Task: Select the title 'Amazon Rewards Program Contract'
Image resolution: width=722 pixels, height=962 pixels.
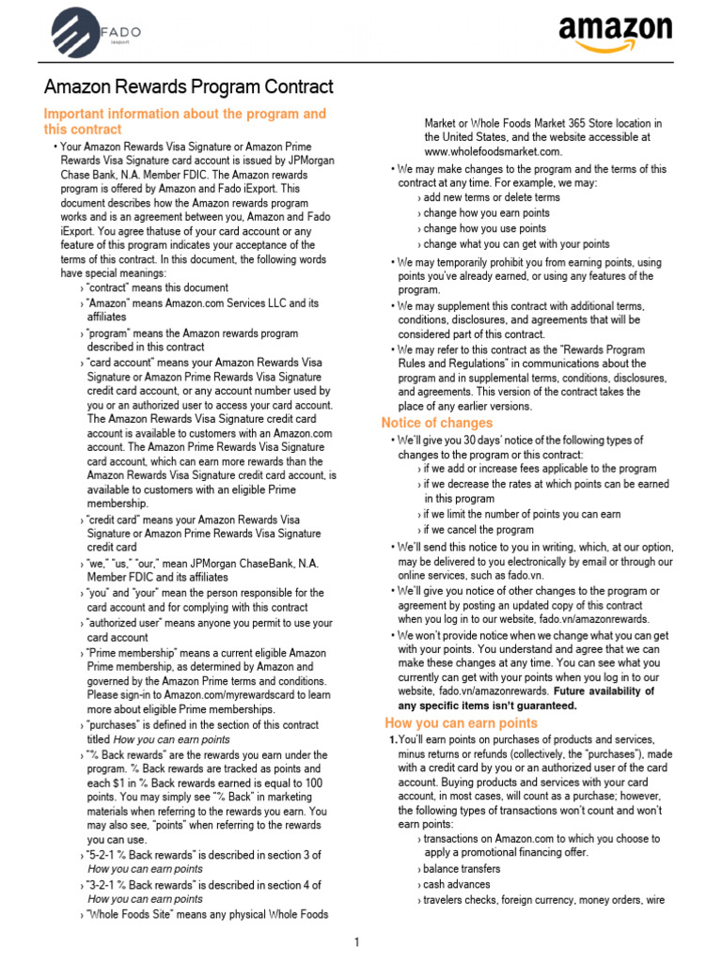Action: coord(188,87)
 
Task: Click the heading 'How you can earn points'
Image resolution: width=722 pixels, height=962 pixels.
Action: coord(462,722)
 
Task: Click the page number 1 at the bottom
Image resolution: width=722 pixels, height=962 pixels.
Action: coord(358,942)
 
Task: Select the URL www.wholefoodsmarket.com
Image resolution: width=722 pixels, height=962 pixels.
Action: coord(493,152)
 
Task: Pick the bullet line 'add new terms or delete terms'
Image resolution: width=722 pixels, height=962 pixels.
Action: coord(491,198)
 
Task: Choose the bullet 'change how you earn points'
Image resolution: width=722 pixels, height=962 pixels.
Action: coord(486,213)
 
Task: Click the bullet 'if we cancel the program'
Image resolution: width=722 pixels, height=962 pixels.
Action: coord(479,530)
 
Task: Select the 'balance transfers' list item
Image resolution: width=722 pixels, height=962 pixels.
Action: coord(462,869)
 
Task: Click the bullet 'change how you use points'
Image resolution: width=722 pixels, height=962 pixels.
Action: coord(483,228)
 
